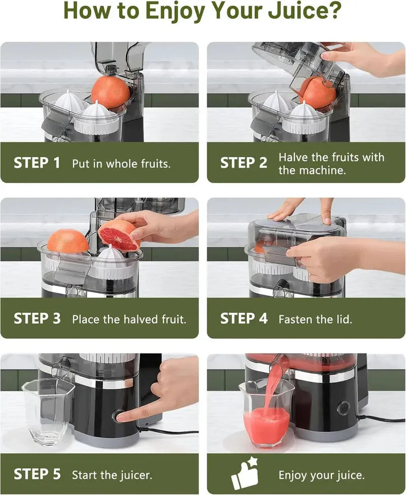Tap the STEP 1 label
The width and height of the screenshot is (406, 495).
[x=37, y=163]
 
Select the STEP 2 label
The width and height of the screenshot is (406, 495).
[x=243, y=163]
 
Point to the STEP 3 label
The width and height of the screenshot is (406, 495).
[x=37, y=319]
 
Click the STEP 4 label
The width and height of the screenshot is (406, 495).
[x=243, y=319]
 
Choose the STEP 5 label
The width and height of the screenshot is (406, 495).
[x=37, y=474]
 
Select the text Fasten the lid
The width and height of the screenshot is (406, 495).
[x=315, y=319]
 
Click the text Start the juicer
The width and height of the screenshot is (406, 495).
[x=112, y=475]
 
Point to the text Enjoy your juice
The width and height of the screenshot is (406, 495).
[x=321, y=475]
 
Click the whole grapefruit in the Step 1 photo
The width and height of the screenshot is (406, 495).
[x=111, y=91]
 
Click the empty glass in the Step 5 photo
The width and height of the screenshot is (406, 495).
[x=48, y=411]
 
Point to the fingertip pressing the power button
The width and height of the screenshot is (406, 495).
[x=122, y=417]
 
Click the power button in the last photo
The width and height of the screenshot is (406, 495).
[x=344, y=408]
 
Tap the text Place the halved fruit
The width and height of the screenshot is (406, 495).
[x=129, y=319]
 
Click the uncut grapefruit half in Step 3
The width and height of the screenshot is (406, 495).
[x=68, y=241]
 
